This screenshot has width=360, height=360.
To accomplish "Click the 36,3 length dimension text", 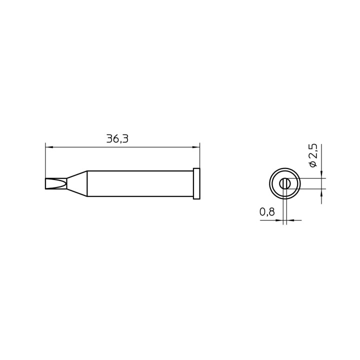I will [117, 139].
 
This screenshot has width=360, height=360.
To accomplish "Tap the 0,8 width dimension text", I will [267, 212].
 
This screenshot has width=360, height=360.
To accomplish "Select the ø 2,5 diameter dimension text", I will [313, 155].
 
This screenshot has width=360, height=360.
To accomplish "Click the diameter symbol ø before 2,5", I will [313, 164].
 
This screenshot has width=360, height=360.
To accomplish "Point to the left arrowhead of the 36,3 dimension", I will [48, 147].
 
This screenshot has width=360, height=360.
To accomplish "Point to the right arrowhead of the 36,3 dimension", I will [196, 147].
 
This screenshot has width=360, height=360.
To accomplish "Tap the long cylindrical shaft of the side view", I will [140, 184].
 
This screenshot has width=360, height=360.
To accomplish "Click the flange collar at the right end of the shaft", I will [196, 184].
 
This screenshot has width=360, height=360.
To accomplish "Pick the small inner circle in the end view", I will [285, 183].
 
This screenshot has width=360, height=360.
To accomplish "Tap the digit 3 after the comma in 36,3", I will [124, 139].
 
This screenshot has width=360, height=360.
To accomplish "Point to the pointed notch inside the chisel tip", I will [65, 184].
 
